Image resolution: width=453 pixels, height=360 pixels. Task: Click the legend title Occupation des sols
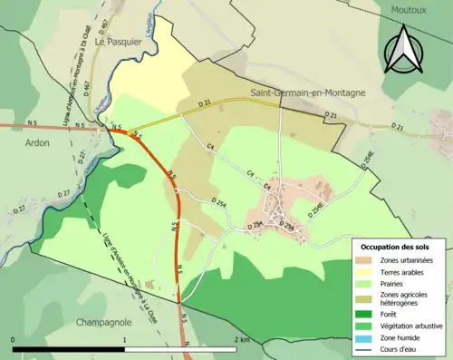click(395, 247)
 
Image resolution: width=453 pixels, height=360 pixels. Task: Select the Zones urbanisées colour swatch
click(368, 260)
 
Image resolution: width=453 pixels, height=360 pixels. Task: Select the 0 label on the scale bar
click(14, 339)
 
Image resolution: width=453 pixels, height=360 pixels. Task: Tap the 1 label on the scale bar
click(124, 339)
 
